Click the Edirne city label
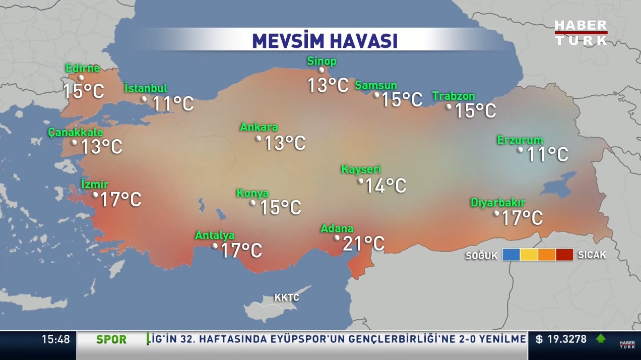click(x=83, y=69)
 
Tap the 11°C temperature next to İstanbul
click(x=173, y=104)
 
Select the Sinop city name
click(x=322, y=62)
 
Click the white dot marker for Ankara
click(x=259, y=138)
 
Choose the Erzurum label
click(x=520, y=140)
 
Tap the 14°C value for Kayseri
click(x=386, y=186)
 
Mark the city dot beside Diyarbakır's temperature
click(x=496, y=213)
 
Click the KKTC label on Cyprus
click(x=287, y=297)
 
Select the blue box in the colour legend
click(x=510, y=255)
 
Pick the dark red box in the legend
click(x=565, y=255)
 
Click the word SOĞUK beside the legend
click(x=481, y=256)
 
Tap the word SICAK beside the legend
click(x=592, y=255)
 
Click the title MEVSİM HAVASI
click(x=325, y=41)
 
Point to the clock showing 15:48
click(x=55, y=339)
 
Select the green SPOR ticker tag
click(x=111, y=340)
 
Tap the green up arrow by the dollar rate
click(x=601, y=339)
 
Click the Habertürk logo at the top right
click(x=581, y=33)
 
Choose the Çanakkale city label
click(x=76, y=133)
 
